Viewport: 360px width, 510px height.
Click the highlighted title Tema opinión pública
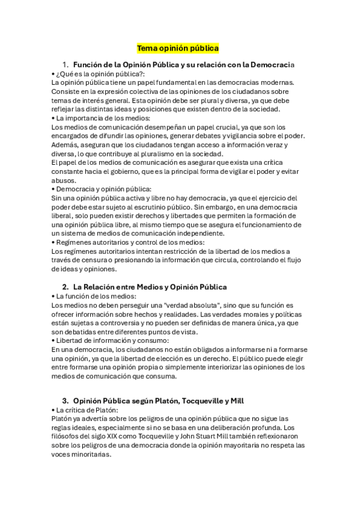click(178, 48)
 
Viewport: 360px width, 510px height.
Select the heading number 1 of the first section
click(65, 64)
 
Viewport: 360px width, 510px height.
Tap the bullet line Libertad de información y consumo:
click(102, 340)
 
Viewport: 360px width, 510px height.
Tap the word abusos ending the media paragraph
click(64, 180)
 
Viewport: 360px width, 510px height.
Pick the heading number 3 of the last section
click(65, 400)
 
